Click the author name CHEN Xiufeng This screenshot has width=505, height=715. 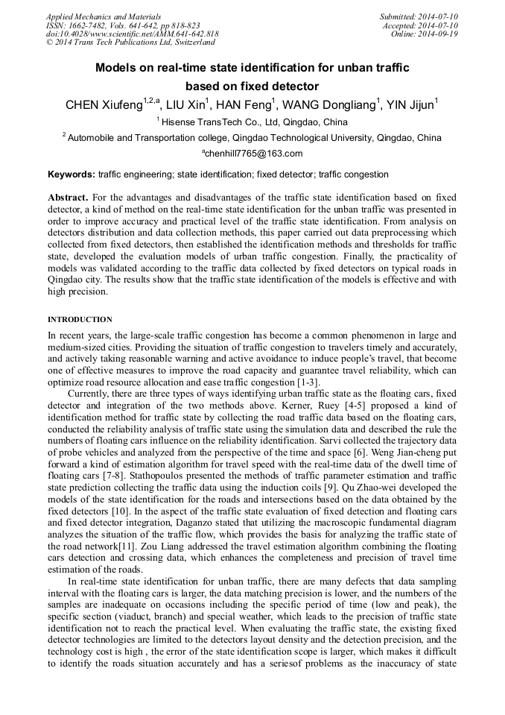104,105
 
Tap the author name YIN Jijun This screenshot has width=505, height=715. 410,105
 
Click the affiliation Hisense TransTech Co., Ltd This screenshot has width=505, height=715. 223,122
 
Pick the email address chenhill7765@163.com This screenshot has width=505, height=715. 253,154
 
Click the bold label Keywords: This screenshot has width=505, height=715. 72,174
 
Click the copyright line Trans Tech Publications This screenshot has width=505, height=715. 130,43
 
